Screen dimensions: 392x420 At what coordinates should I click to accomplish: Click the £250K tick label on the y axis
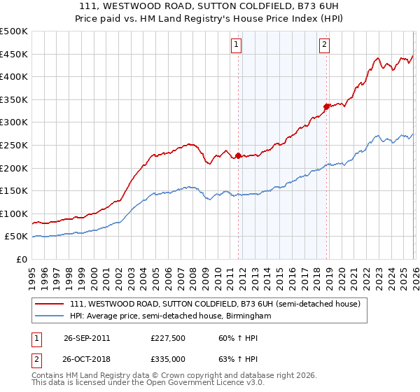(x=14, y=145)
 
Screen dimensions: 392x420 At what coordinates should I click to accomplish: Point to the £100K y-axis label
(x=14, y=213)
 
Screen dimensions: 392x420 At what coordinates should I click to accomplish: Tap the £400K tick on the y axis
(x=14, y=77)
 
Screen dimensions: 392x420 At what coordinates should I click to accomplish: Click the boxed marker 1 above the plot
(x=237, y=45)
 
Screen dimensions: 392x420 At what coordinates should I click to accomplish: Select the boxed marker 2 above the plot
(x=325, y=45)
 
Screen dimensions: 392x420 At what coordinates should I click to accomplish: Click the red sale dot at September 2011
(x=238, y=155)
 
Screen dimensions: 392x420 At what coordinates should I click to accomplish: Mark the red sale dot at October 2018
(x=326, y=106)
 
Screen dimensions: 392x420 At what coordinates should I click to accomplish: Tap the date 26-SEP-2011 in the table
(x=87, y=337)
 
